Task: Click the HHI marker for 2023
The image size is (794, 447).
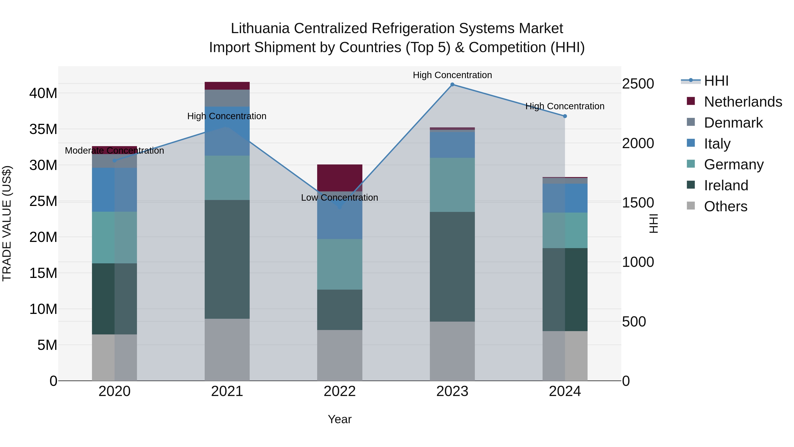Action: point(452,85)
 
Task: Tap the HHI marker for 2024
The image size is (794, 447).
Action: point(565,116)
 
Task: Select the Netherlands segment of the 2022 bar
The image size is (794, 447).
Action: point(340,178)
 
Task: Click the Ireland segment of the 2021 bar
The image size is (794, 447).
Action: point(227,259)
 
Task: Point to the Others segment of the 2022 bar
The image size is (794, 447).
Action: point(340,355)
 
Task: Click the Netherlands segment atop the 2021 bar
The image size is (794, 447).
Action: point(227,86)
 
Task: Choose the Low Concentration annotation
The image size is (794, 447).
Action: point(339,197)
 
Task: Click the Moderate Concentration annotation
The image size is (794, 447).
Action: point(114,151)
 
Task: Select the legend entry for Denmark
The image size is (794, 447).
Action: point(733,123)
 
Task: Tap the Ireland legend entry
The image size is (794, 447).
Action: point(726,185)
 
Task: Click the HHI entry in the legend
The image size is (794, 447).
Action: point(716,81)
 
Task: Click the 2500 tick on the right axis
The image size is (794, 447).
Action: point(638,84)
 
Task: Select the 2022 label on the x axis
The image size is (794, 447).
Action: point(340,391)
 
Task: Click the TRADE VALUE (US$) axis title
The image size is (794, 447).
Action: point(7,223)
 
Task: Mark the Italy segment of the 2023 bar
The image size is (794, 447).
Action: point(452,145)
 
